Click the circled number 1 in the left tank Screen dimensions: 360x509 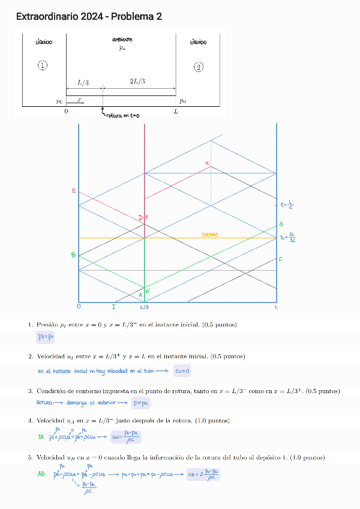(x=43, y=65)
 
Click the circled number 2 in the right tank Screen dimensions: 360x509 (x=199, y=67)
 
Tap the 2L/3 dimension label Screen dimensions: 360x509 (x=137, y=82)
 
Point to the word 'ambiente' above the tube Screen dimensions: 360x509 (x=122, y=40)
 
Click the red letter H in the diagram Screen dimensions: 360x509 (x=207, y=163)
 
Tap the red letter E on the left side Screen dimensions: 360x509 (x=74, y=191)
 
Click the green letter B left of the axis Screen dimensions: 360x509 (x=73, y=255)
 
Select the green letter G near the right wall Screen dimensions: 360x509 (x=280, y=224)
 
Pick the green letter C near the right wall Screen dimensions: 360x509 (x=280, y=259)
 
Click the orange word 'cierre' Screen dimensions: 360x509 (x=210, y=234)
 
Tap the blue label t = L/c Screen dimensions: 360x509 (x=287, y=205)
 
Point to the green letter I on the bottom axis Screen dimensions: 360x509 (x=113, y=307)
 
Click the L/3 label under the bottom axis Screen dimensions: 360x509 (x=145, y=307)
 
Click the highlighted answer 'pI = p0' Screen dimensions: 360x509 (x=45, y=337)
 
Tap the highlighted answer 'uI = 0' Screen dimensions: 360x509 (x=182, y=371)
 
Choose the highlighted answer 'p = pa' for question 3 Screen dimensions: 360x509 (x=142, y=403)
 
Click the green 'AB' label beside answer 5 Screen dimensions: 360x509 (x=41, y=474)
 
